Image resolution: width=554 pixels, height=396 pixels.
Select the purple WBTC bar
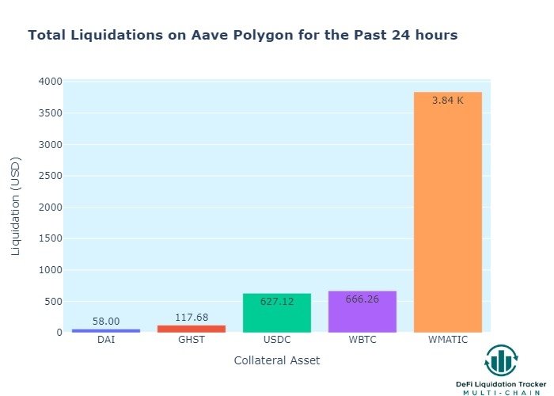(x=362, y=312)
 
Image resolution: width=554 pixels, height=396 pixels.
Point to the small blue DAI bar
(x=105, y=330)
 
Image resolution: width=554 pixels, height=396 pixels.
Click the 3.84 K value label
(x=447, y=101)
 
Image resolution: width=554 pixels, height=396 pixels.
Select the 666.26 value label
(x=362, y=299)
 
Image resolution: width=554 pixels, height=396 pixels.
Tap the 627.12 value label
(x=276, y=302)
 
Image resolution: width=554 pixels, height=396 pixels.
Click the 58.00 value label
(x=105, y=322)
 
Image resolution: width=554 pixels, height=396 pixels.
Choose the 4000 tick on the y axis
(x=49, y=82)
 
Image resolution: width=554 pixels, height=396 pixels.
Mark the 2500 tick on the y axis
(x=49, y=176)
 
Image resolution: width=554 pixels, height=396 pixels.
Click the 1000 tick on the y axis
(x=49, y=270)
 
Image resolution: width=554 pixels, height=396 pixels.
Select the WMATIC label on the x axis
(x=447, y=341)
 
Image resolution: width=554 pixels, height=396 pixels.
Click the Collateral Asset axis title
(x=277, y=360)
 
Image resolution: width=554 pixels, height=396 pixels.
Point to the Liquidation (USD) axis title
(x=17, y=206)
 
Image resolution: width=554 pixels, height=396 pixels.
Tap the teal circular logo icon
(x=501, y=361)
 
